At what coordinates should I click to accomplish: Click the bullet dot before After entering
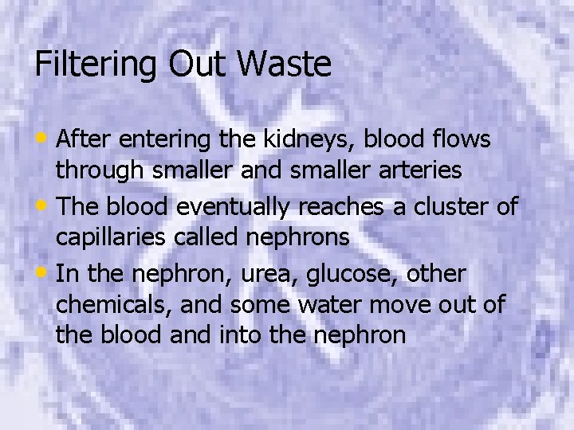click(x=45, y=139)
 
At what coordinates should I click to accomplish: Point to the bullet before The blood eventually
click(x=45, y=206)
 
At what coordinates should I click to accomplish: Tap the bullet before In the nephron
click(x=45, y=273)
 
